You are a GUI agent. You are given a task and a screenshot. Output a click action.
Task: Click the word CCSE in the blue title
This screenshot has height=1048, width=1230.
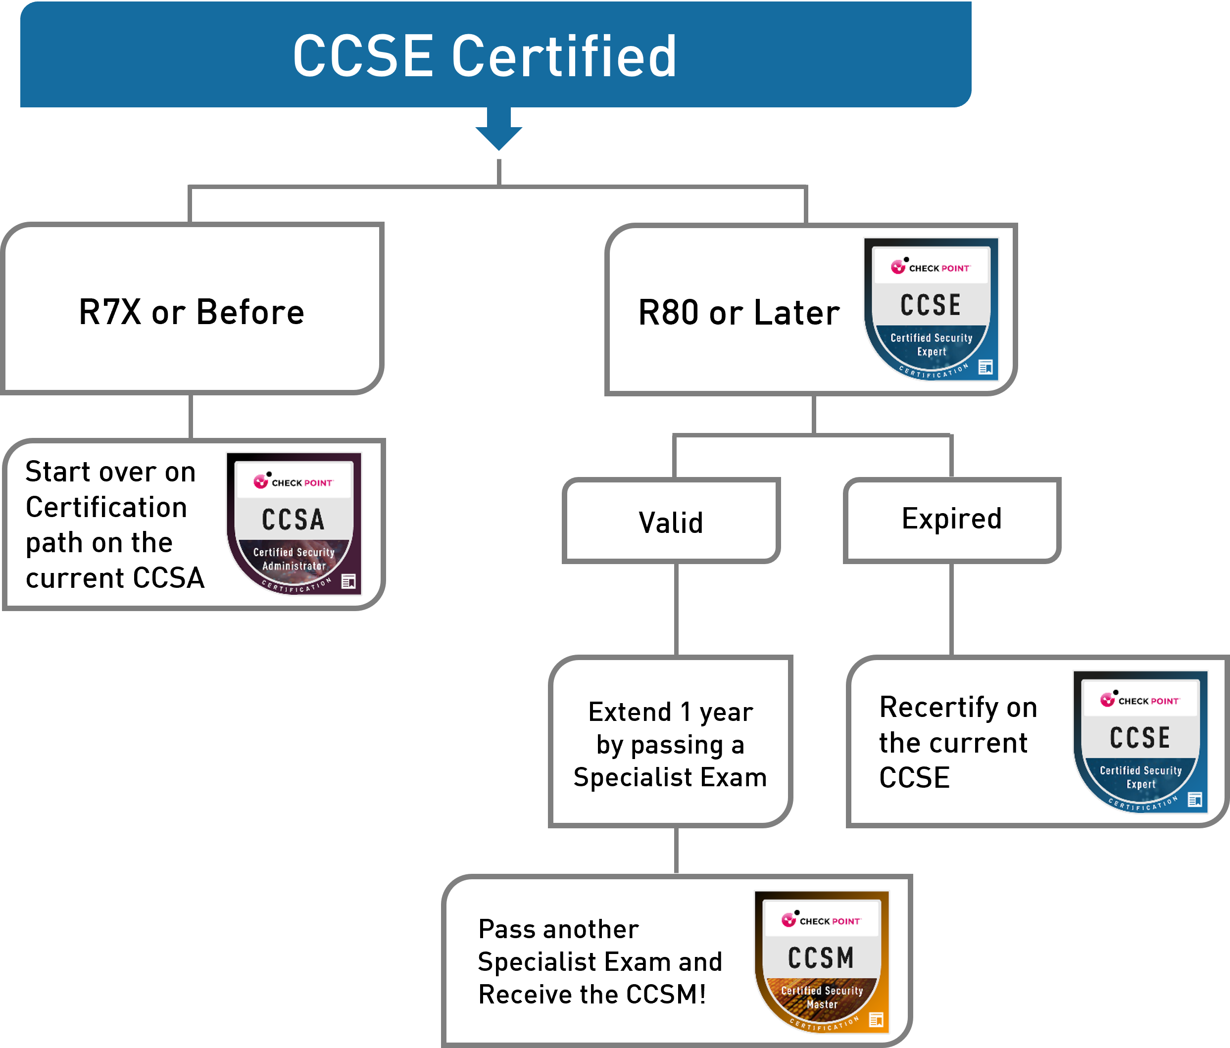coord(363,56)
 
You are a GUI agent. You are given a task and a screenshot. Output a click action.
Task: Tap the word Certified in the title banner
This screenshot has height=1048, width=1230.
coord(563,56)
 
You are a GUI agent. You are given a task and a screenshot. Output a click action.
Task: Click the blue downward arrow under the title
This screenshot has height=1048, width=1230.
coord(498,129)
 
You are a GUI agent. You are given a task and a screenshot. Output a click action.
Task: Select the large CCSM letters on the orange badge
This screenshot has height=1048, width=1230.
coord(821,958)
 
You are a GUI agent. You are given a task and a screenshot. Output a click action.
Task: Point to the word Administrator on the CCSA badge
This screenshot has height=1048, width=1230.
coord(294,566)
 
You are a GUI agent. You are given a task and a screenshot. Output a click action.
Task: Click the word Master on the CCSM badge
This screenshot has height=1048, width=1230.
coord(822,1004)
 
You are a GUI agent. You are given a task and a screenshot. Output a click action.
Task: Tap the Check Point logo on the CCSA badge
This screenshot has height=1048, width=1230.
coord(293,482)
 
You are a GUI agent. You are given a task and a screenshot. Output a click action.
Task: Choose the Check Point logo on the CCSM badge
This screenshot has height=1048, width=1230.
coord(821,920)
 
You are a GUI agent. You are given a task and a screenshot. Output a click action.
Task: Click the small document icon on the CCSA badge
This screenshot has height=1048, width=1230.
coord(348,581)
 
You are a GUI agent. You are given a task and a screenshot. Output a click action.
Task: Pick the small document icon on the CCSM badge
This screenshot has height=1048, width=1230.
coord(876,1019)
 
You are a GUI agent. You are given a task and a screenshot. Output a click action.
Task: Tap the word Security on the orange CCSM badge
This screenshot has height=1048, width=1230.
coord(843,991)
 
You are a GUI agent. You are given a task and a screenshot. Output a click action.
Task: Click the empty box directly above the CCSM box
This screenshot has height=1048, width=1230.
coord(671,741)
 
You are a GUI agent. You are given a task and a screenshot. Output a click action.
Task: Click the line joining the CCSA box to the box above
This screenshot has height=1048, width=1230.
coord(191,417)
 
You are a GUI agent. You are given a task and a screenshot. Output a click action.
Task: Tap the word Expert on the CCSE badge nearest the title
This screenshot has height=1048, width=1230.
coord(932,351)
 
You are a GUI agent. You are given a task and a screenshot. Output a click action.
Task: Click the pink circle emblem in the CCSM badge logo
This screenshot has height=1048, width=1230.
coord(788,920)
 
